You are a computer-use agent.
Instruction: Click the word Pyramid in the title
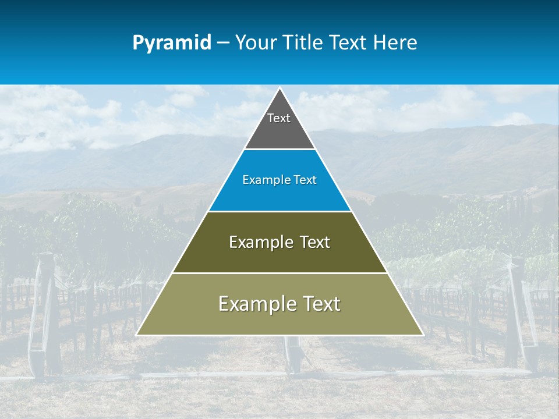[x=172, y=43]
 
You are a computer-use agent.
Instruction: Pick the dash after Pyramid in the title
[x=222, y=43]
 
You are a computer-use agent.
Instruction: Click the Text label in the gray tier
[x=279, y=118]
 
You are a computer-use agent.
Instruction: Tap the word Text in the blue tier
[x=305, y=180]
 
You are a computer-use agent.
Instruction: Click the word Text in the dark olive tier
[x=315, y=242]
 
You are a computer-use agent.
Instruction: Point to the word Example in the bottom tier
[x=256, y=304]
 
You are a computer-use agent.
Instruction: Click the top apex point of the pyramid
[x=279, y=88]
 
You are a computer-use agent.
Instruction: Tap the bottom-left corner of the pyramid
[x=137, y=335]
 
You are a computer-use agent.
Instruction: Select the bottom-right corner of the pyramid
[x=423, y=335]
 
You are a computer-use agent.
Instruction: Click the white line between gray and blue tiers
[x=279, y=150]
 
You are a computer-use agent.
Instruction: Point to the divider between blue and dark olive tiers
[x=279, y=211]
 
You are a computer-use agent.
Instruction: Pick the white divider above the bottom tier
[x=279, y=273]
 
